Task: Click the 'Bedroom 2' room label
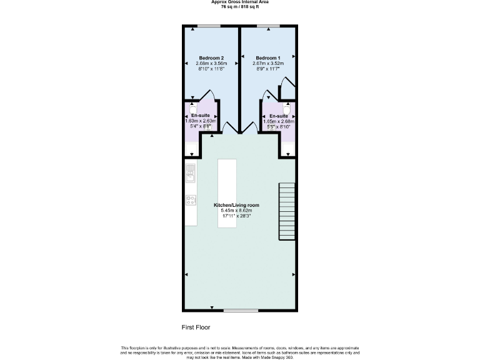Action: click(211, 57)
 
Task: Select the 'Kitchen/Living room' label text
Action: click(236, 205)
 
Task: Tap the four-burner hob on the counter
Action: click(191, 201)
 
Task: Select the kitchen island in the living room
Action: click(227, 193)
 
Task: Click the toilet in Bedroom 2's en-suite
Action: click(192, 107)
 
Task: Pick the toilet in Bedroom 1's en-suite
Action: click(287, 107)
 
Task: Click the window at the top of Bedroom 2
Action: click(208, 26)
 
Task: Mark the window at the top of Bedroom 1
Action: click(268, 26)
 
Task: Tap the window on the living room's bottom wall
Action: click(241, 310)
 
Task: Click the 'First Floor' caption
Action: click(196, 327)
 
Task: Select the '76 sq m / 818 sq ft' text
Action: click(241, 7)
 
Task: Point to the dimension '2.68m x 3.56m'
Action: click(211, 64)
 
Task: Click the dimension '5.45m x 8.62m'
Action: click(236, 211)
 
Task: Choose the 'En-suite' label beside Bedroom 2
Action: click(201, 116)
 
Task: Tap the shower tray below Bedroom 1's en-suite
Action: click(287, 149)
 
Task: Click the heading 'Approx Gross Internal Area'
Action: click(241, 2)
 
